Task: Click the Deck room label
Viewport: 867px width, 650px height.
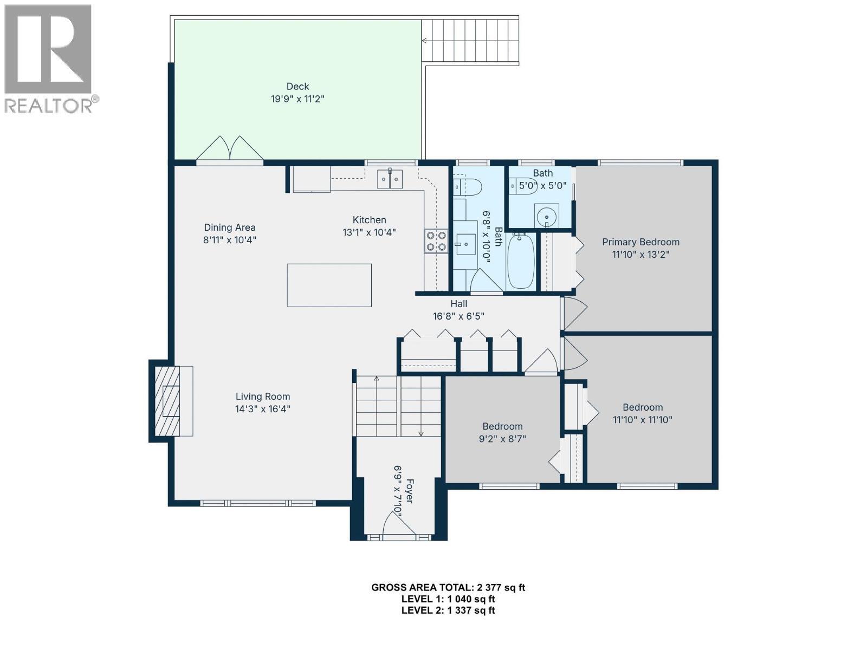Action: tap(297, 87)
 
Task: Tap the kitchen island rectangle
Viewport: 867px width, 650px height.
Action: tap(329, 285)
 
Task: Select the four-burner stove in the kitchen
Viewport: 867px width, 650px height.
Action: tap(436, 241)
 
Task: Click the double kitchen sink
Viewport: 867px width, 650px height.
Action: tap(390, 178)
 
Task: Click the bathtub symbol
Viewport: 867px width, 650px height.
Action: tap(521, 261)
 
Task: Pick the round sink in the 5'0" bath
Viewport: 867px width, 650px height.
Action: tap(547, 216)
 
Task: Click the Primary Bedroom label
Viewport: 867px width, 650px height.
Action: tap(640, 242)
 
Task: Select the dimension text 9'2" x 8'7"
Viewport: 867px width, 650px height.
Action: tap(502, 439)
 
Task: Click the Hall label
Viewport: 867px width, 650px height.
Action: tap(458, 304)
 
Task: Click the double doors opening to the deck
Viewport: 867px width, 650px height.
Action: tap(230, 148)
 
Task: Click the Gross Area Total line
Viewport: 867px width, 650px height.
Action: tap(448, 587)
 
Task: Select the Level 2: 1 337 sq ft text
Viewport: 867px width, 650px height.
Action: tap(448, 610)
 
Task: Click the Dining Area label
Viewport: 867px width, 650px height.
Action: tap(230, 227)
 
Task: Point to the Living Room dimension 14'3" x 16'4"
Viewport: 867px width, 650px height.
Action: tap(263, 409)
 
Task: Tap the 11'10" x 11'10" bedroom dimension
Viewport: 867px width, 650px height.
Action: tap(643, 419)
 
